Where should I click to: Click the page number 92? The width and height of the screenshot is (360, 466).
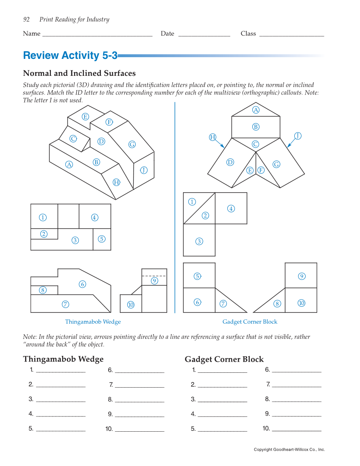[26, 19]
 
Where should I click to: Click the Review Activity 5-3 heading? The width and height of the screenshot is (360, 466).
[70, 55]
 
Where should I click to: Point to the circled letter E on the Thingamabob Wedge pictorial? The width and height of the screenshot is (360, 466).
[86, 116]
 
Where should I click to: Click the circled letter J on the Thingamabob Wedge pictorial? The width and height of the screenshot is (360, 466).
[144, 170]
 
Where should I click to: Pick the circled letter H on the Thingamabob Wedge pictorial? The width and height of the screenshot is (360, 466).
[116, 182]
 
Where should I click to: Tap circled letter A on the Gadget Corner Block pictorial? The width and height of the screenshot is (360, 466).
[256, 110]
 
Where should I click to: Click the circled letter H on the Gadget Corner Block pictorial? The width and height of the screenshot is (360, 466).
[213, 137]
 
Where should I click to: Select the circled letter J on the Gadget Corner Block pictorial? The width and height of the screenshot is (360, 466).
[298, 136]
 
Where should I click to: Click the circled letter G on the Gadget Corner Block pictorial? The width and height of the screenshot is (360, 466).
[276, 164]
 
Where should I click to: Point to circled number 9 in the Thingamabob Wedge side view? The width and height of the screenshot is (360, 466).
[154, 280]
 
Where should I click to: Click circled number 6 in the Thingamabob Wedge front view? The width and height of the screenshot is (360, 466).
[82, 284]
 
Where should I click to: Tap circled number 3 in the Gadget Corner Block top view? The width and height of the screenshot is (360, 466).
[199, 241]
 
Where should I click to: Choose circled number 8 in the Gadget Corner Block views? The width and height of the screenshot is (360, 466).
[277, 303]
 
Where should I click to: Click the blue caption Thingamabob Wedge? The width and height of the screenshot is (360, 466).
[93, 322]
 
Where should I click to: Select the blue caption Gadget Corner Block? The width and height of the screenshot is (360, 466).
[250, 322]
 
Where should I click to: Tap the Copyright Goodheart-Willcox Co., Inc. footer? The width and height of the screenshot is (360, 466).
[289, 449]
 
